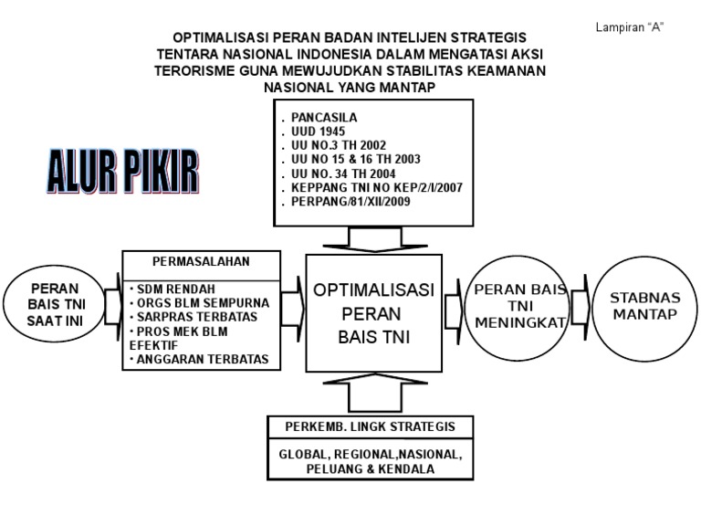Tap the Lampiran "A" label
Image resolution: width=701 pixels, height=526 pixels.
click(x=629, y=26)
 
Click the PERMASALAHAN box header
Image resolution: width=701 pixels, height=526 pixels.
click(x=201, y=260)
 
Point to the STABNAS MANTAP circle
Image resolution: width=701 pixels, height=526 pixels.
click(x=644, y=305)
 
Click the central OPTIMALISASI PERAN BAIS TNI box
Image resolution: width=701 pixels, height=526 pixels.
click(x=373, y=313)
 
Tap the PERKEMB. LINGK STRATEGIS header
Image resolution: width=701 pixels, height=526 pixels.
click(x=371, y=426)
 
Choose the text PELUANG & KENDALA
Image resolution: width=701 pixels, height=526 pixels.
click(x=371, y=468)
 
